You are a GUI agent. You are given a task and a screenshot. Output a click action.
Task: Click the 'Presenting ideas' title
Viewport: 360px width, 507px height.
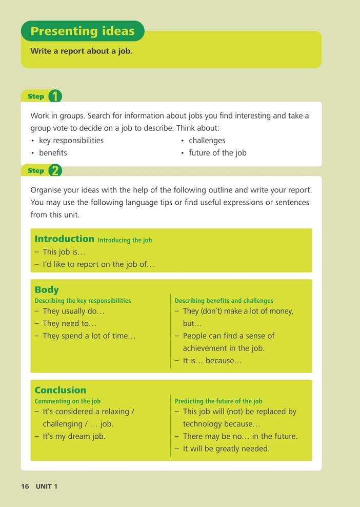83,31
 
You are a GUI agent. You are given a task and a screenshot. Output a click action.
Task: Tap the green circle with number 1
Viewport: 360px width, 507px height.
55,96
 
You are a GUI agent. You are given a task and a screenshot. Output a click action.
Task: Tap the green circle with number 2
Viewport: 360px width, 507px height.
55,171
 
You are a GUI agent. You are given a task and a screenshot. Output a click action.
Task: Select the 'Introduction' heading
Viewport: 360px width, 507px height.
64,239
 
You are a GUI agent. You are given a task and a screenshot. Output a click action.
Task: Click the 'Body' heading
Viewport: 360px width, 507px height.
47,290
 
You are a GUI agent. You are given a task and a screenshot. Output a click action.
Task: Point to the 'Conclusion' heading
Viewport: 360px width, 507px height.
60,390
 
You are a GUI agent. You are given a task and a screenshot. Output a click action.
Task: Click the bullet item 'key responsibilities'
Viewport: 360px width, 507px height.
71,141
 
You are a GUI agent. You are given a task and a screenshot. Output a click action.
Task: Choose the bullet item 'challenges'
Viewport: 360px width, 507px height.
207,141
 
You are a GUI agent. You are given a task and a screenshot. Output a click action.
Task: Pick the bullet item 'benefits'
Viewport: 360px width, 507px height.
53,153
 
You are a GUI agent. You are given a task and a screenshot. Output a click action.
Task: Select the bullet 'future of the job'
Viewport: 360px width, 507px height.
217,153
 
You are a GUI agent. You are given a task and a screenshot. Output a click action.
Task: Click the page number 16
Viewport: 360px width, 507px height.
25,486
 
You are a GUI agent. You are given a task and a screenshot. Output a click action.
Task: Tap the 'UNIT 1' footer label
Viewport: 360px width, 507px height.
47,486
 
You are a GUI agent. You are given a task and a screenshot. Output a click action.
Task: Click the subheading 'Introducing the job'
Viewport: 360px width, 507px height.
125,240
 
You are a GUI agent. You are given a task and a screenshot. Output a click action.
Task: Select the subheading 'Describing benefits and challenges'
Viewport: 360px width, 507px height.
224,301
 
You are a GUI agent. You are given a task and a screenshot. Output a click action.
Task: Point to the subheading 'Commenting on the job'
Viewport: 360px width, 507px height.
67,401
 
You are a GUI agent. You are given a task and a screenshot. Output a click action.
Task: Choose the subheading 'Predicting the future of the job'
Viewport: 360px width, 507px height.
218,401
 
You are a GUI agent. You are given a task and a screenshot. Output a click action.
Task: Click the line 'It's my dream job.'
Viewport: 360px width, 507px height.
74,436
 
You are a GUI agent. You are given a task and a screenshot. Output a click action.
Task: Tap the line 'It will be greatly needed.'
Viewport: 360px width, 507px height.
226,449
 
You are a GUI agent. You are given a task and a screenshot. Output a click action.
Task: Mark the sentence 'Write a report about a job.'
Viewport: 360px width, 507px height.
82,51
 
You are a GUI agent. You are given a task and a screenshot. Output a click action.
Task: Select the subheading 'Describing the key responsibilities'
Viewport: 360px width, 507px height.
83,301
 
